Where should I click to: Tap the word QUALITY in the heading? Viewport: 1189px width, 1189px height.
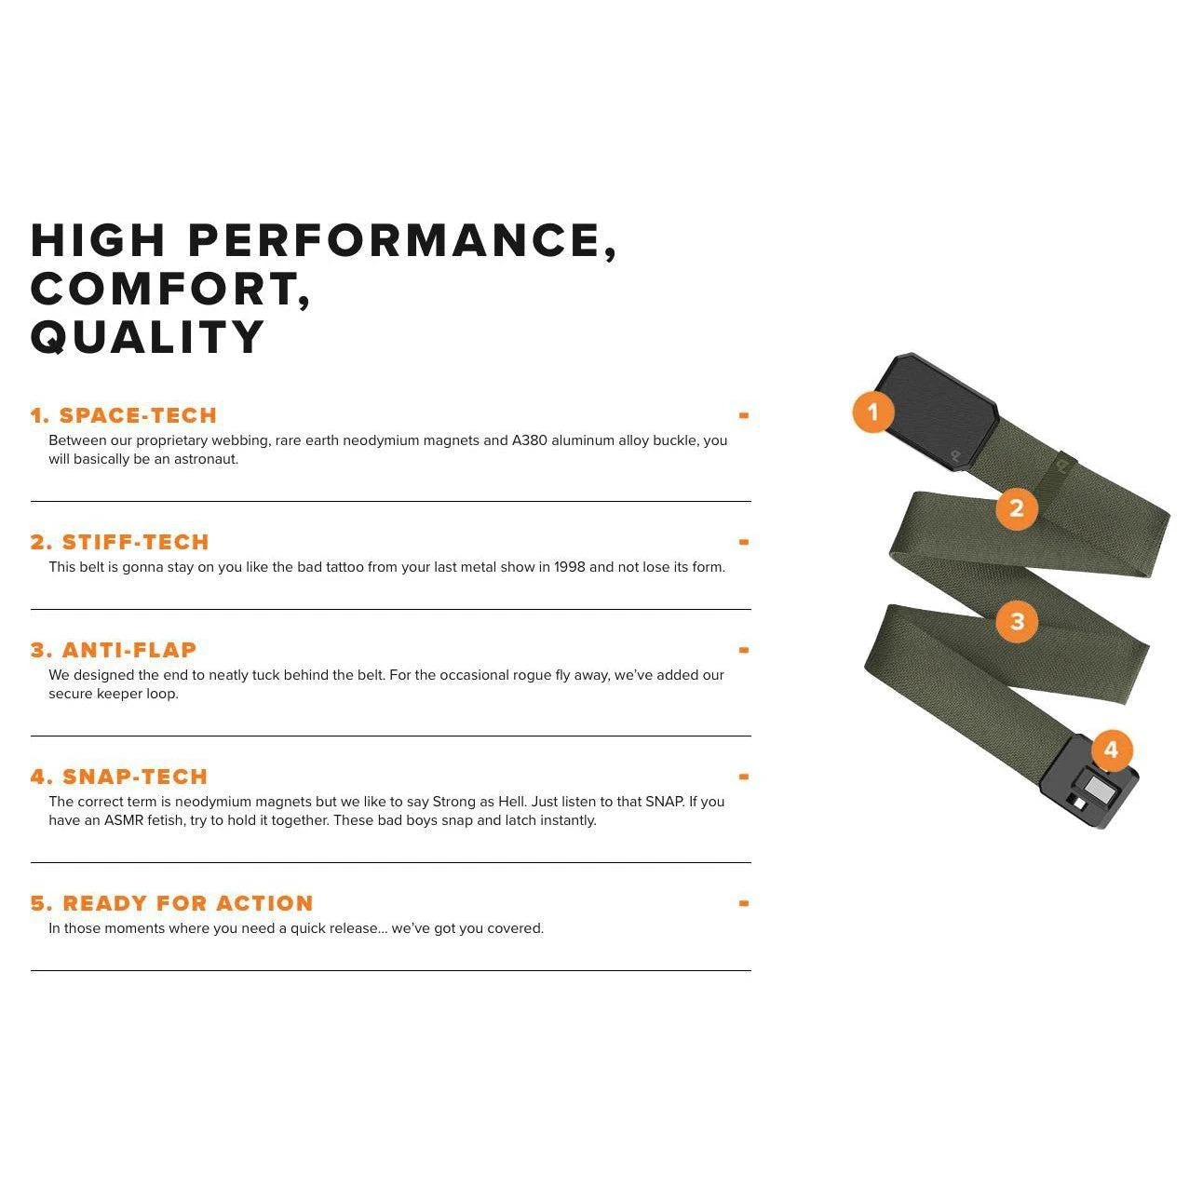(x=147, y=337)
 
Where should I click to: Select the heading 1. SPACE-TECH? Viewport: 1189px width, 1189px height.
(x=124, y=415)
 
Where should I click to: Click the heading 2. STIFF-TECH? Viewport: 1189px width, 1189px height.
(x=120, y=542)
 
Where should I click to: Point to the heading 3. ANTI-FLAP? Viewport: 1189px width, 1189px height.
(x=114, y=650)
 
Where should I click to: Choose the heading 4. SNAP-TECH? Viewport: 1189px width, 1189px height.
(x=119, y=777)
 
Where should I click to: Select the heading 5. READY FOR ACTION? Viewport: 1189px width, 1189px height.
(x=172, y=903)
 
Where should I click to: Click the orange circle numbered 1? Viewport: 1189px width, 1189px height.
(x=873, y=412)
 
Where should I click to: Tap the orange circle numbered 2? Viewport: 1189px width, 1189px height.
(x=1016, y=508)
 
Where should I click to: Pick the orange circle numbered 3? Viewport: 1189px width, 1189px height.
(x=1016, y=621)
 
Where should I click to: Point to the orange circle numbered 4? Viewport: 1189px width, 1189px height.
(x=1112, y=750)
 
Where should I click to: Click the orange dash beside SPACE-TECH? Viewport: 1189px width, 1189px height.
(x=744, y=416)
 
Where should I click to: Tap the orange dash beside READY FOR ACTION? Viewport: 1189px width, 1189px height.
(x=744, y=903)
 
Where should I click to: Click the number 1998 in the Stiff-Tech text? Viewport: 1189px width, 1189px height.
(x=569, y=567)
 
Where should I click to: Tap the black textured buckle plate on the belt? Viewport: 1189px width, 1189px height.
(x=936, y=412)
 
